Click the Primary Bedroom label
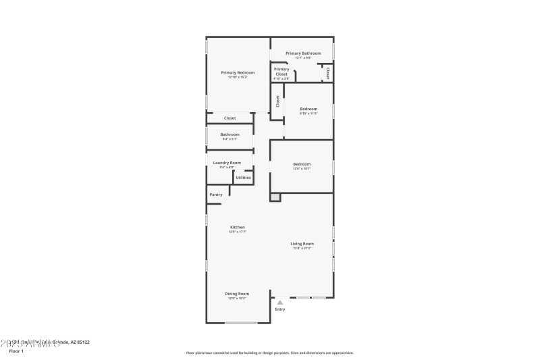(x=238, y=72)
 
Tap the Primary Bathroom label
(x=303, y=53)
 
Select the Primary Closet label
(x=281, y=71)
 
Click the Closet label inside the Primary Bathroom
(x=328, y=72)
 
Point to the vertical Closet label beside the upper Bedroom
(x=277, y=101)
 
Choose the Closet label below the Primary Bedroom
(x=230, y=118)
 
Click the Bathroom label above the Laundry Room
(x=230, y=134)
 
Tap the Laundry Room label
(x=227, y=163)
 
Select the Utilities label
(x=243, y=178)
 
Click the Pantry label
(x=216, y=195)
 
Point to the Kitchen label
(x=238, y=227)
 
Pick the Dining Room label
(x=237, y=293)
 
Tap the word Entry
(x=280, y=309)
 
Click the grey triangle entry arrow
(x=280, y=302)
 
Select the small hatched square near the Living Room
(x=275, y=197)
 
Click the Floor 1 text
(x=16, y=351)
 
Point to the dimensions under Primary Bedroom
(x=238, y=77)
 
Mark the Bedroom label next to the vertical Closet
(x=308, y=109)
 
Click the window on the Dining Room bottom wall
(x=241, y=323)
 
